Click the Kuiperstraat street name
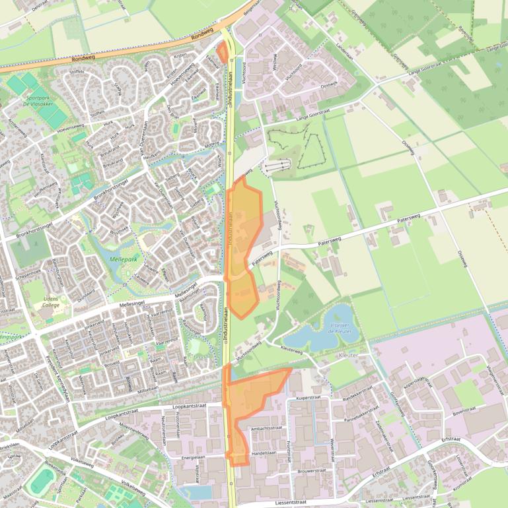point(308,398)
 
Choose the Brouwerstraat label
point(312,471)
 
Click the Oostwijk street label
point(328,83)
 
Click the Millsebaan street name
point(147,389)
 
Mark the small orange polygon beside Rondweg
point(222,51)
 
